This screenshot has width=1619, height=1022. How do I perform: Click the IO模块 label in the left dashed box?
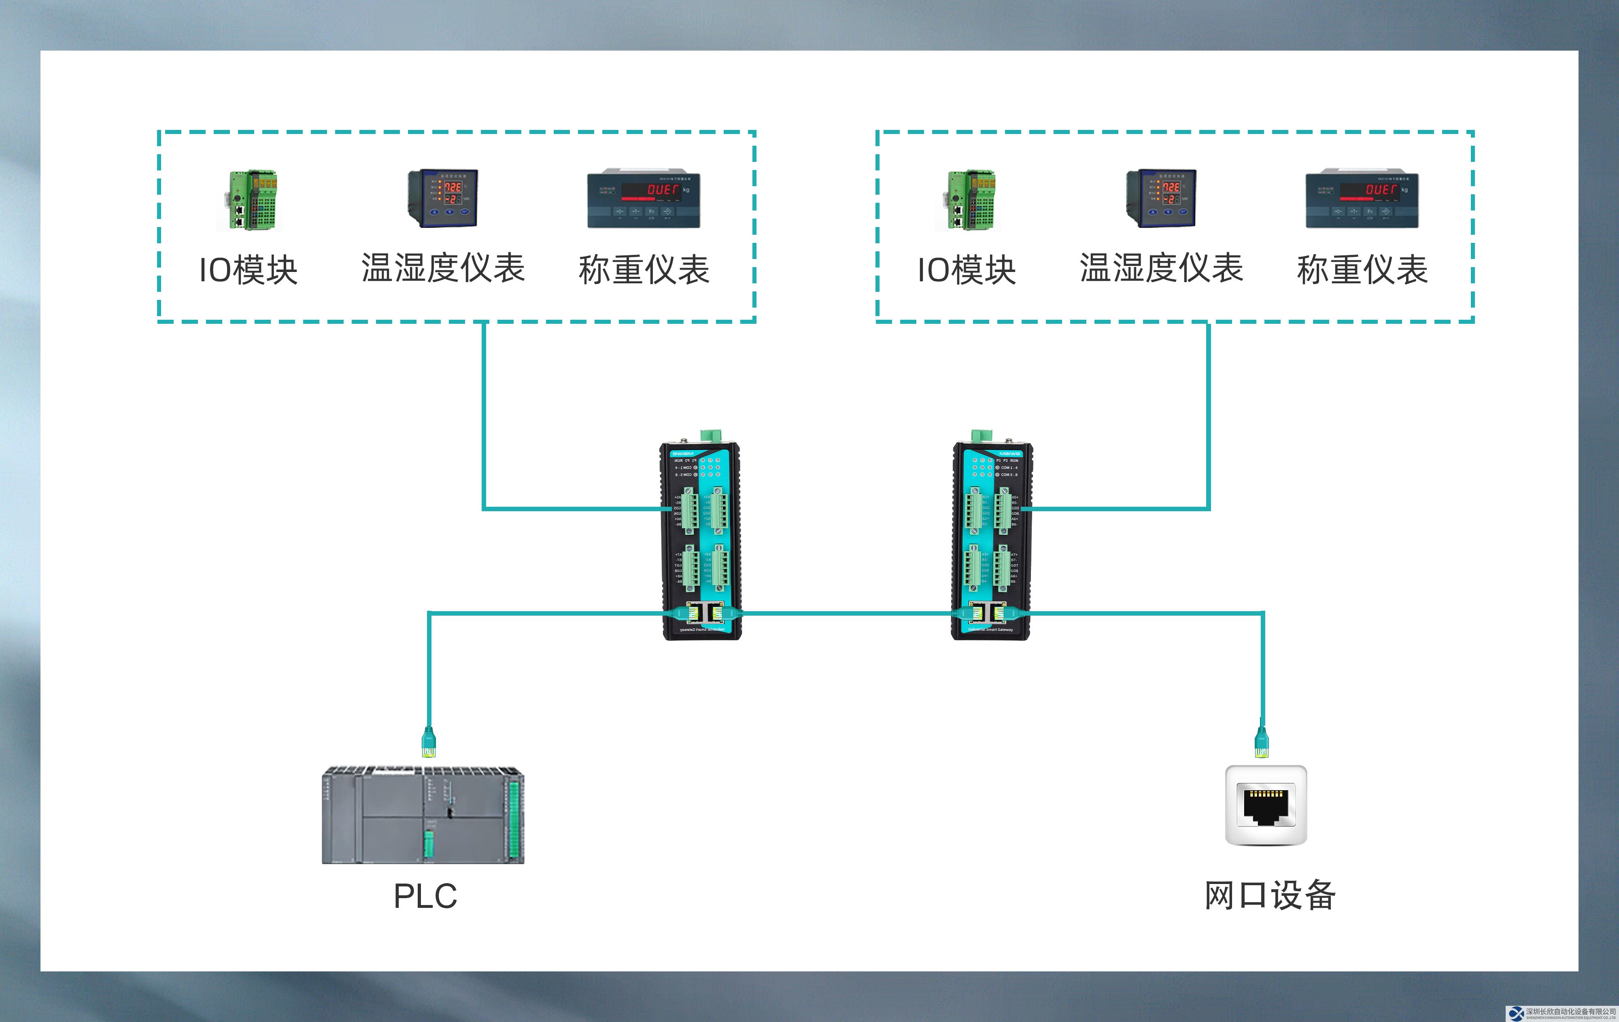pos(248,270)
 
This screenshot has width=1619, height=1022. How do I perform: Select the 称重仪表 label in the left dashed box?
pos(644,270)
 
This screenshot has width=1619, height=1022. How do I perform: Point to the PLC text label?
pos(425,896)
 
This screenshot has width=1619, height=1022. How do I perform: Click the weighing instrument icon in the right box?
pos(1362,198)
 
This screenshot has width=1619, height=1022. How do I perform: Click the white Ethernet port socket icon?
pos(1266,805)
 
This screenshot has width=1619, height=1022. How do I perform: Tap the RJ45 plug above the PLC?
pos(428,741)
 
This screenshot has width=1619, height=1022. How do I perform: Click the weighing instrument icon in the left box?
pos(644,198)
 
